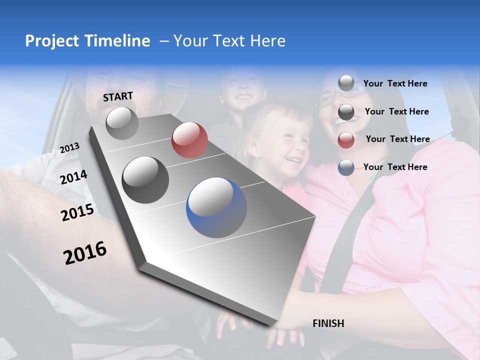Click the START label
[x=118, y=96]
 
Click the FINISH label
[x=328, y=323]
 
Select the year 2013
[x=69, y=147]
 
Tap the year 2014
[x=74, y=177]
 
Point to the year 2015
[x=77, y=212]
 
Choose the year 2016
[x=85, y=252]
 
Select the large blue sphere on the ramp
[x=216, y=207]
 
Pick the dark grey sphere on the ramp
[x=145, y=179]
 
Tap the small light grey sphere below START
[x=122, y=123]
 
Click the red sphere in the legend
[x=346, y=139]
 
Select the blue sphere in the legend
[x=346, y=167]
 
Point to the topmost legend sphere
[x=346, y=83]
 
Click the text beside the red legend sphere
[x=397, y=139]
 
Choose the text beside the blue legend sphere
[x=395, y=167]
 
